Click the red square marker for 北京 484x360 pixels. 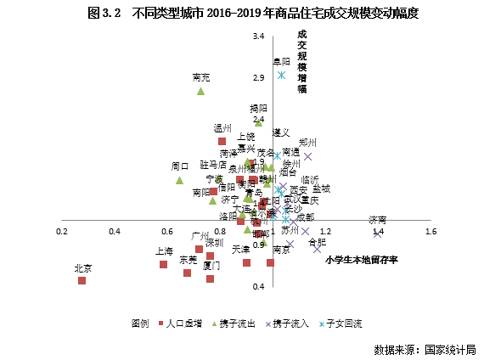click(82, 279)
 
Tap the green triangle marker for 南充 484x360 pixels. click(201, 91)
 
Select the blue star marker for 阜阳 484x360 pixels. click(281, 75)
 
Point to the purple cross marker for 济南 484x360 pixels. click(378, 233)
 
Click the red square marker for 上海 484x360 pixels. click(164, 264)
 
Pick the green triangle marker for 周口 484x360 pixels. click(180, 180)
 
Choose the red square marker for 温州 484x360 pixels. click(222, 141)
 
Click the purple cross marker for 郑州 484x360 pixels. click(308, 156)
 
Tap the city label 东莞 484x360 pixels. click(188, 260)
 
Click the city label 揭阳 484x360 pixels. click(258, 109)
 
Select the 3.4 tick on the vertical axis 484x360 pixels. click(259, 37)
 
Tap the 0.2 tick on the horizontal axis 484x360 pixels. click(62, 231)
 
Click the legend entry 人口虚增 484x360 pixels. click(183, 323)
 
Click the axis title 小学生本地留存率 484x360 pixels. click(361, 260)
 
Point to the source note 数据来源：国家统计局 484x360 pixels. click(424, 349)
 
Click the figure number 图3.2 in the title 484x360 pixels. click(105, 14)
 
